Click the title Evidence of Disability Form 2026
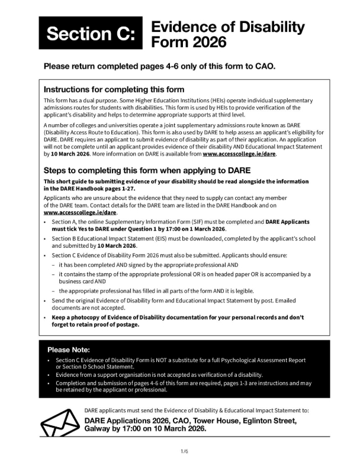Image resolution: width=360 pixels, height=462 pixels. click(x=228, y=34)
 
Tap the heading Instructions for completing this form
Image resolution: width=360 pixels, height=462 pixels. click(x=114, y=89)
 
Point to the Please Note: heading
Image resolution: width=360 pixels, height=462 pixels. click(x=72, y=349)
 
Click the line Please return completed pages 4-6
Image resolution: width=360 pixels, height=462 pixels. click(x=159, y=66)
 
